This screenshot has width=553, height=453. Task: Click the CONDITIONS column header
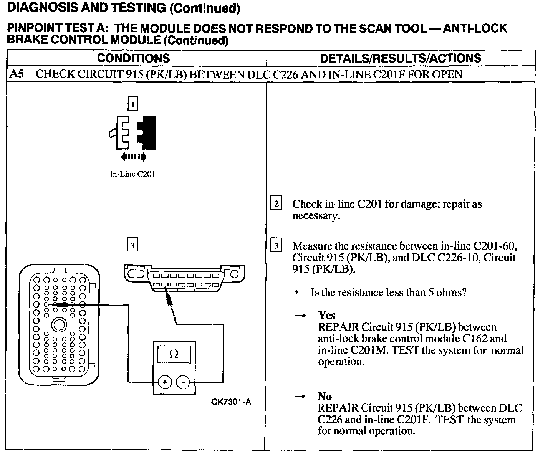click(133, 58)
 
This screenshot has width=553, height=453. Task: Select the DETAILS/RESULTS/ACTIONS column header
click(400, 58)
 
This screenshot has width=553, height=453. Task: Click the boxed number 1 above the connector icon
click(132, 104)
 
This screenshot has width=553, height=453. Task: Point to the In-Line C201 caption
click(132, 174)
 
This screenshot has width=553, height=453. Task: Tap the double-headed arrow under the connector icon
click(133, 157)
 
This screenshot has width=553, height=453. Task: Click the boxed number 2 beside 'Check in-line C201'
click(276, 203)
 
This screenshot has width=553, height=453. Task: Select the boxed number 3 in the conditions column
click(132, 245)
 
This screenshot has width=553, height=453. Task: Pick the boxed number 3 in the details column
click(276, 245)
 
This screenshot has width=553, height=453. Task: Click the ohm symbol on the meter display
click(174, 354)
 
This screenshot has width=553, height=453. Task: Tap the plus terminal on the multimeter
click(164, 382)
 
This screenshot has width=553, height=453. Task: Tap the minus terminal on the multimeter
click(183, 382)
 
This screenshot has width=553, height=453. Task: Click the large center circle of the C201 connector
click(59, 325)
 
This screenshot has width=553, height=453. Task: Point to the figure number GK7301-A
click(231, 402)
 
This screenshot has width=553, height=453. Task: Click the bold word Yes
click(326, 315)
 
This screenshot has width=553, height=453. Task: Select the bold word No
click(325, 396)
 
